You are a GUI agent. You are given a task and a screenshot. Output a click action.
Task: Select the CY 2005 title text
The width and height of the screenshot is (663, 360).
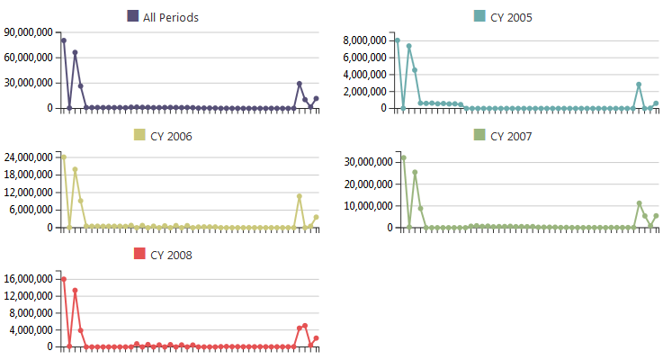pos(511,17)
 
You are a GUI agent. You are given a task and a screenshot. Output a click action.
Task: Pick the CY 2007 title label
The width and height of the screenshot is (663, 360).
pos(511,136)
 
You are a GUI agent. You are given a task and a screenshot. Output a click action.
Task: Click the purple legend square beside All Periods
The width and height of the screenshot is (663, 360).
pos(133,16)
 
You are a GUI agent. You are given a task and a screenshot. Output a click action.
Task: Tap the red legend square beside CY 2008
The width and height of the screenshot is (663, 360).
pos(139,255)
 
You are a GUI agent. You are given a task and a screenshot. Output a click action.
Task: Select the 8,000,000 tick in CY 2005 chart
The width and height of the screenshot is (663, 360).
pos(364,40)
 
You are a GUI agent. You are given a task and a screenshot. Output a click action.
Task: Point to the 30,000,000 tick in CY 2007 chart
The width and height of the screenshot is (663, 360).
pos(364,162)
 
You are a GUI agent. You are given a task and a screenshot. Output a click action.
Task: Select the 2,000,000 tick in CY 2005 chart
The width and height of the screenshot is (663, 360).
pos(364,91)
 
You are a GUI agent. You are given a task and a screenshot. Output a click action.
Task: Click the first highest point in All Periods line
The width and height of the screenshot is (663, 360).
pos(64,40)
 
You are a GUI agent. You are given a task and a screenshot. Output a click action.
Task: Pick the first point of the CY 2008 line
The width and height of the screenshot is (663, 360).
pos(64,280)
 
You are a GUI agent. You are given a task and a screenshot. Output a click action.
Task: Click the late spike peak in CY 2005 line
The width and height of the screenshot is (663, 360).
pos(639,85)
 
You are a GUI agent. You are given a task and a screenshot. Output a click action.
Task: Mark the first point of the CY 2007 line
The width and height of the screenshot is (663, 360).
pos(403,157)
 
